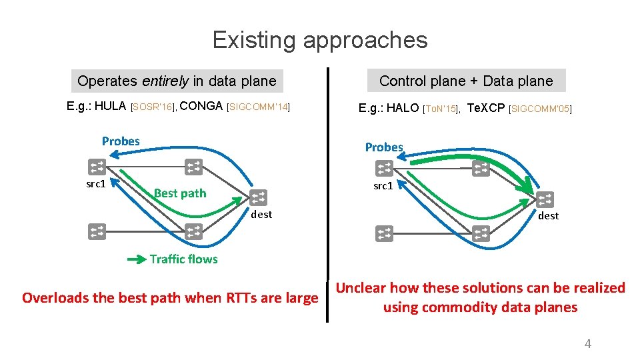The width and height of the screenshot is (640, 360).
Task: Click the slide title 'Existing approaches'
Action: point(320,40)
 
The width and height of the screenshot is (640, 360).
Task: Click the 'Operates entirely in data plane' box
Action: point(177,81)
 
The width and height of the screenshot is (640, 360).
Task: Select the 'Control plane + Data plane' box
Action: point(466,81)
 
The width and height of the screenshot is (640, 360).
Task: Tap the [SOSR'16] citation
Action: point(153,107)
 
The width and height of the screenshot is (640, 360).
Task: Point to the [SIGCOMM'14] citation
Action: point(259,107)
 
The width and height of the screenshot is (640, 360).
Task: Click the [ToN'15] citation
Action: point(441,108)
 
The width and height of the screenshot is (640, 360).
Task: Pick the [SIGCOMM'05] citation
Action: point(540,108)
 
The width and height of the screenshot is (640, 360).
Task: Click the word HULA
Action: point(110,106)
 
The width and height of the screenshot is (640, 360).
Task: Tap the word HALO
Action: point(403,107)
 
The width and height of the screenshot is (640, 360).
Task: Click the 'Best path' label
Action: point(180,193)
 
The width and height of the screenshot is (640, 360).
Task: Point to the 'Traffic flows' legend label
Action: point(183,259)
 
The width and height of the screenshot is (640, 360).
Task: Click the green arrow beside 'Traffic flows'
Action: point(135,259)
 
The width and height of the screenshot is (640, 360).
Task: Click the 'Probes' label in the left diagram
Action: point(121,141)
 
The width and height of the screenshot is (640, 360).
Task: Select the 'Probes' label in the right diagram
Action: point(384,147)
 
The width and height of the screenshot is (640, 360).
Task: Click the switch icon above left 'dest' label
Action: point(259,197)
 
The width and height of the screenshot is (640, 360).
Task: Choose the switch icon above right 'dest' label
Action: point(545,199)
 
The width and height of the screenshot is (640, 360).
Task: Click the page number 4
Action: point(587,344)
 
